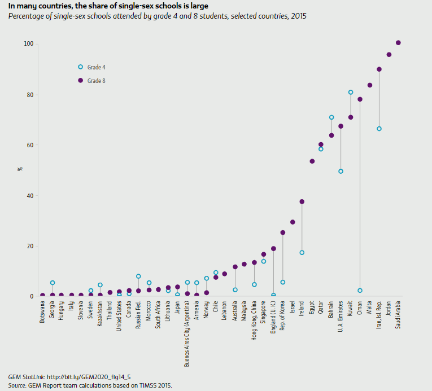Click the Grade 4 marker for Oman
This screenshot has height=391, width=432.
tap(360, 291)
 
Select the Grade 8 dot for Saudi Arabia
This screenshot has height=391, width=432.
tap(398, 43)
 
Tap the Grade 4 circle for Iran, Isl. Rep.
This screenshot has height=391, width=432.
tap(379, 129)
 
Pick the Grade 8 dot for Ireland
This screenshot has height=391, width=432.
tap(302, 202)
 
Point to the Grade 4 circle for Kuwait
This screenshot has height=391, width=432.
tap(351, 93)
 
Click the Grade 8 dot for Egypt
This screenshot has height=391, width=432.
tap(312, 161)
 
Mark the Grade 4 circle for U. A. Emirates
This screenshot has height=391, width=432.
tap(341, 172)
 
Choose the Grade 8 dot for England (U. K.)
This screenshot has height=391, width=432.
tap(273, 249)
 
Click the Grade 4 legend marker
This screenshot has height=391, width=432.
tap(80, 67)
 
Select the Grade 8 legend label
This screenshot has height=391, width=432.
tap(97, 81)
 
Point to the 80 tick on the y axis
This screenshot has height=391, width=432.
tap(29, 95)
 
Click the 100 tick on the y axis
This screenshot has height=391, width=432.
tap(28, 44)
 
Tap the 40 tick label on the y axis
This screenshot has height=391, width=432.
tap(29, 196)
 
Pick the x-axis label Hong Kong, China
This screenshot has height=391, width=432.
tap(254, 319)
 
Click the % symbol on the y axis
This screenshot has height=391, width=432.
tap(19, 169)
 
